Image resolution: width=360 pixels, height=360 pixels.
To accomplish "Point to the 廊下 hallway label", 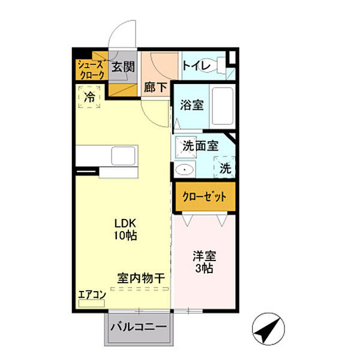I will [x=155, y=87].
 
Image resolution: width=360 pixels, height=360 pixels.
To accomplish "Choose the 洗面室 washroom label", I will [x=200, y=145].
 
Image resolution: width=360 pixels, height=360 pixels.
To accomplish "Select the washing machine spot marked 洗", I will [x=224, y=168].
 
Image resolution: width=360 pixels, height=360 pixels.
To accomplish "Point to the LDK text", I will [x=127, y=223].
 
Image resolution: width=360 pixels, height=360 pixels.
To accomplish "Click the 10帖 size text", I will [x=127, y=235].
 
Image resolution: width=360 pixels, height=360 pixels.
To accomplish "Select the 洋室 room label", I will [x=203, y=254].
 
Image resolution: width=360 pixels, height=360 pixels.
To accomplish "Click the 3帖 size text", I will [x=203, y=268].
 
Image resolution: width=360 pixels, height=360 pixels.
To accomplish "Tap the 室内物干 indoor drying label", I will [x=141, y=278].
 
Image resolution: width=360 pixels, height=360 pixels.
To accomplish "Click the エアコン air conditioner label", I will [x=92, y=294].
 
